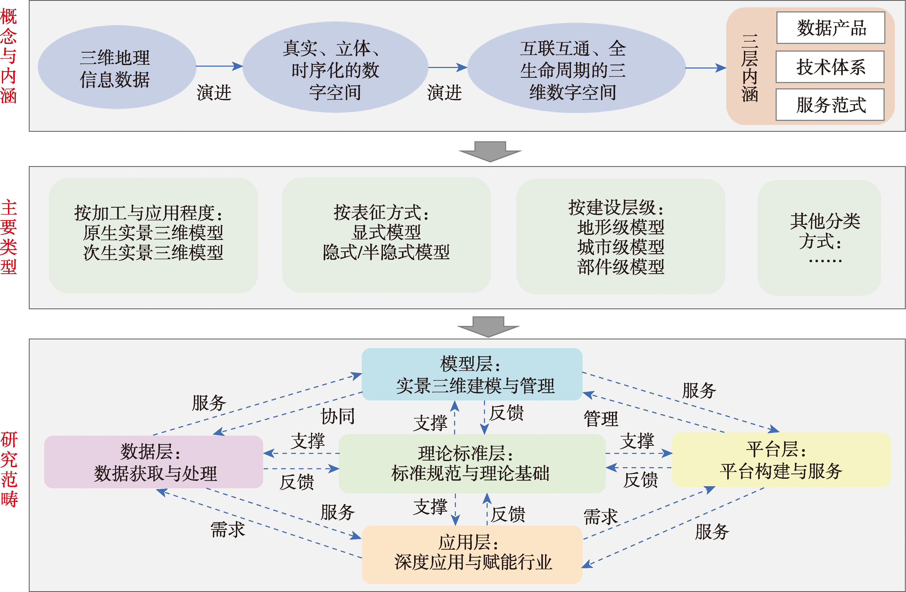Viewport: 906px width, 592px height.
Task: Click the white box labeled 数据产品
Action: point(830,28)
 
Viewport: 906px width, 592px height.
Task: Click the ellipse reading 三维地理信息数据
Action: point(116,67)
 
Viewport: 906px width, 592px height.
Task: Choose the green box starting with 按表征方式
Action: point(386,235)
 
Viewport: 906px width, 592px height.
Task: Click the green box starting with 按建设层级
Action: point(620,236)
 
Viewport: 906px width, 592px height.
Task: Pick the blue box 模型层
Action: point(472,374)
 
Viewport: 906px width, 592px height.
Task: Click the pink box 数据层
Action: point(153,462)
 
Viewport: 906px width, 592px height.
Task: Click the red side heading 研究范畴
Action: point(9,469)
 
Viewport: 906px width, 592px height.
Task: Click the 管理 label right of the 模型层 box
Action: point(601,418)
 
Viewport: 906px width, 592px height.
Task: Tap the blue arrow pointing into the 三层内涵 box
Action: point(706,68)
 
